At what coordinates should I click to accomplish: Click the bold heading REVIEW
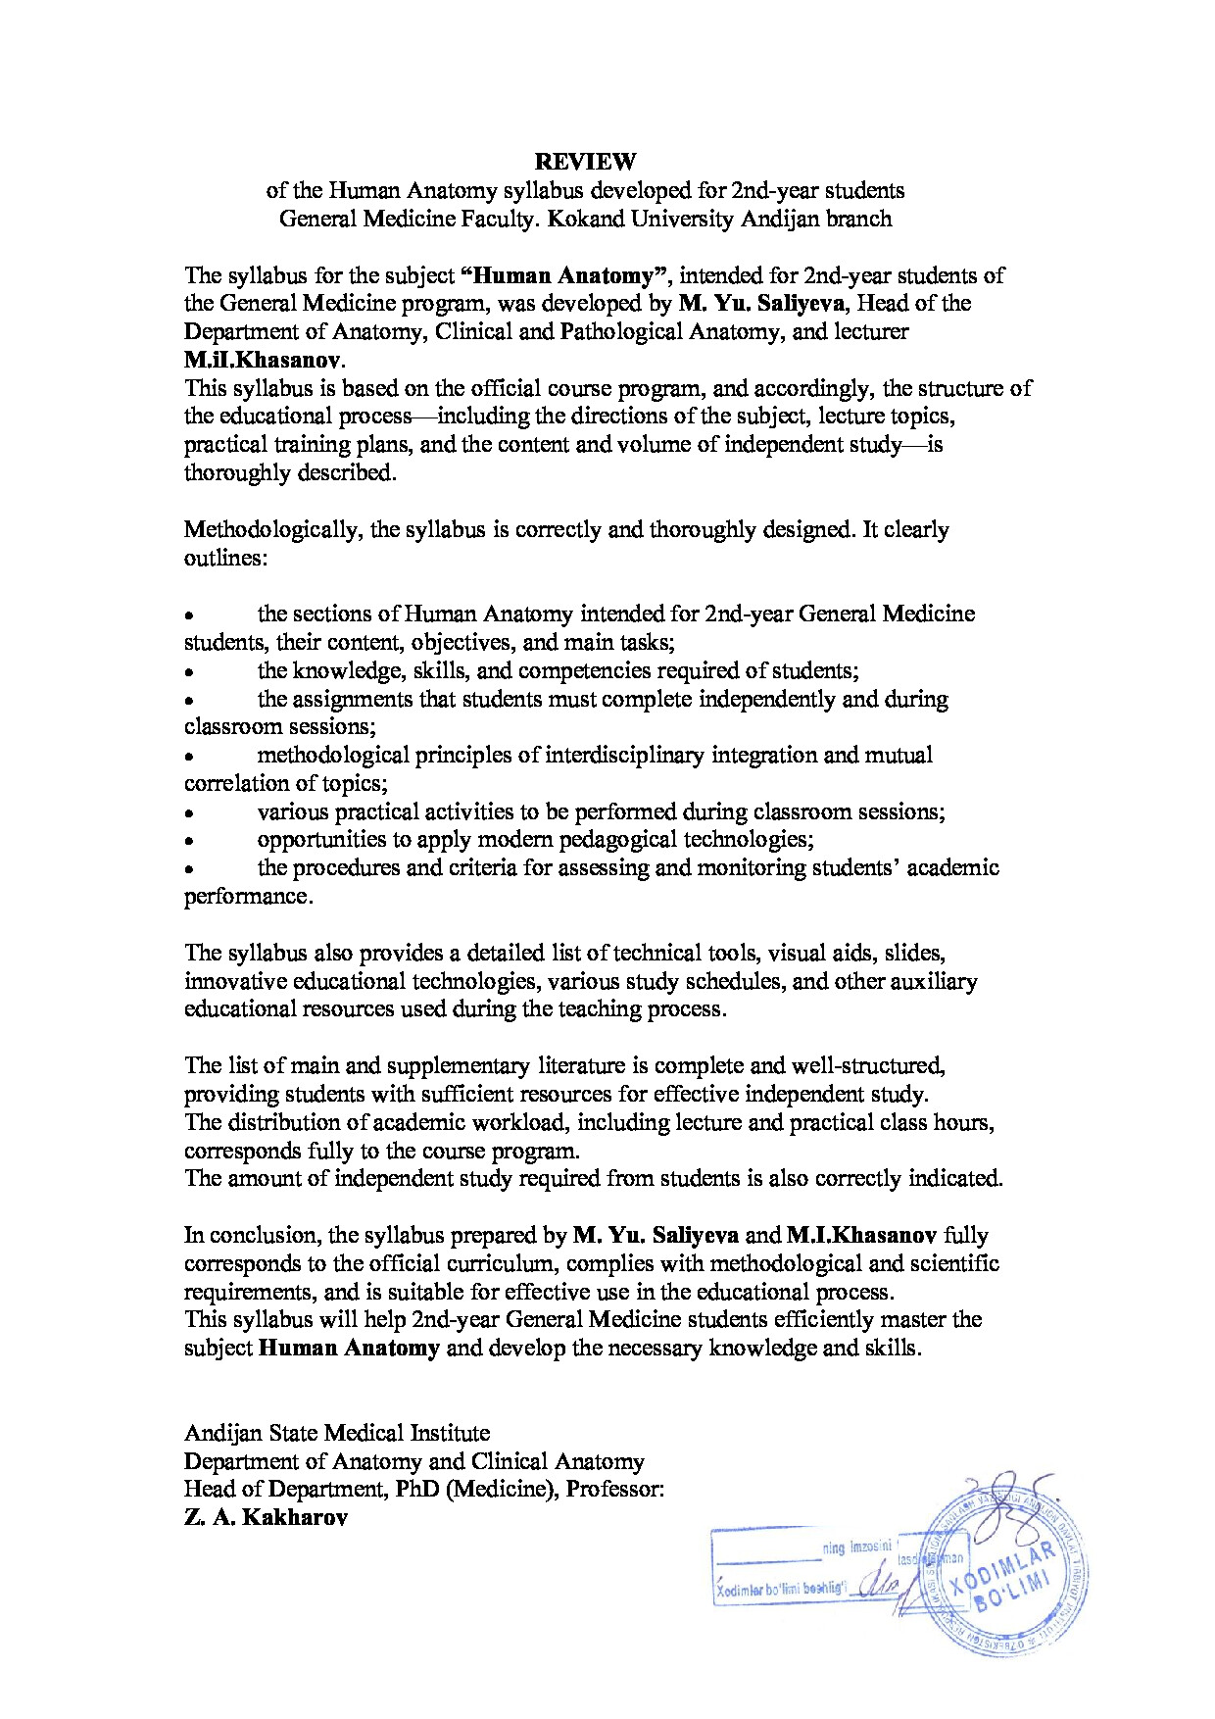[585, 161]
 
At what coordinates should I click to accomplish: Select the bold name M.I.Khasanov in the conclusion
[862, 1235]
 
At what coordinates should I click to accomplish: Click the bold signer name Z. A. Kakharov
[266, 1518]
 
